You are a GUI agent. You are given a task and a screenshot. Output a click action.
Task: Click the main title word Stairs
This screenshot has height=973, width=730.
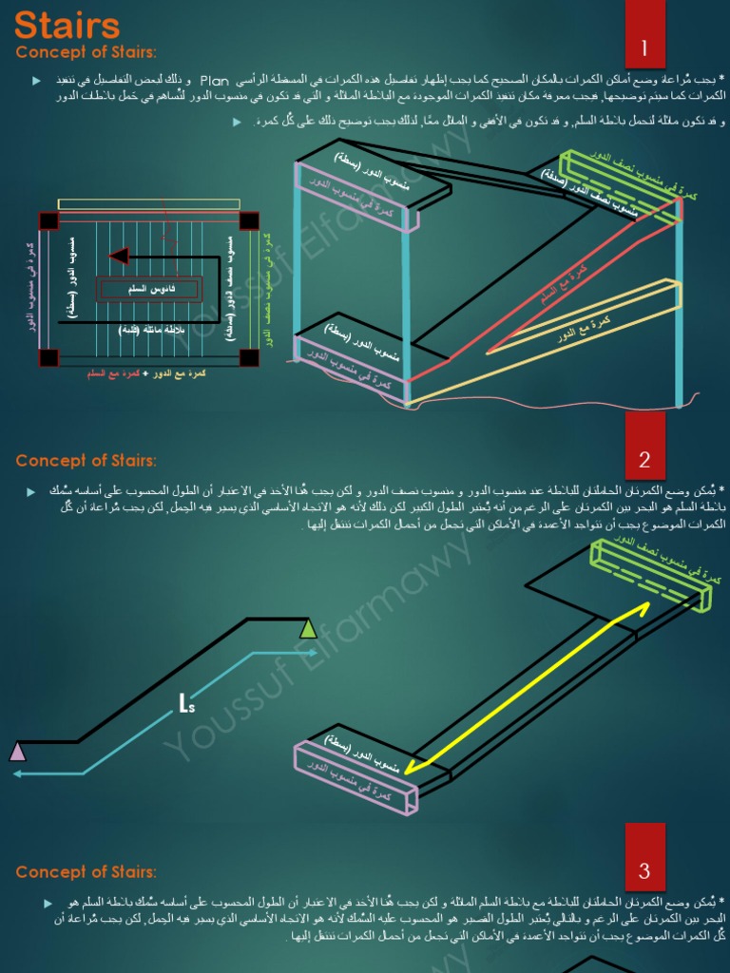pos(67,25)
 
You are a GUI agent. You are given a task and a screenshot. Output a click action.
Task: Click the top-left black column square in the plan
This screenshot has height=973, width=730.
pos(48,220)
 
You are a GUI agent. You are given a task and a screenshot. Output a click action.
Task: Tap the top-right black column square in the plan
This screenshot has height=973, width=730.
pos(249,220)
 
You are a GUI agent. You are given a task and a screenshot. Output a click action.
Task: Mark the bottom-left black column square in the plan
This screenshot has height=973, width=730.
pos(48,357)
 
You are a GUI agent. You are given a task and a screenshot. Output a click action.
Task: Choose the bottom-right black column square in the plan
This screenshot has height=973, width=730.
pos(249,357)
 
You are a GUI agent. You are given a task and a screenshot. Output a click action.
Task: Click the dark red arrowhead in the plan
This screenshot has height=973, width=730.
pos(118,256)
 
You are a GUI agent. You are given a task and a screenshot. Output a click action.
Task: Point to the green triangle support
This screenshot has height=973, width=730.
pos(308,628)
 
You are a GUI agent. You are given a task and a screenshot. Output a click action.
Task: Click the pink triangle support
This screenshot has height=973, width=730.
pos(17,752)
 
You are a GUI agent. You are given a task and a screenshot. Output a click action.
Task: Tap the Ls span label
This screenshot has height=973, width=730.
pos(186,703)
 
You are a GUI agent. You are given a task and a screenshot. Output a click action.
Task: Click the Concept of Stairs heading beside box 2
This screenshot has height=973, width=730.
pos(86,461)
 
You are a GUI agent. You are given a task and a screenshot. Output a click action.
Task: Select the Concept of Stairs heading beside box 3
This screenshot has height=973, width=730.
pos(86,872)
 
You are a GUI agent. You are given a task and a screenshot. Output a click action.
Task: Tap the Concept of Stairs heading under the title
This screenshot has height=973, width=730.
pos(86,52)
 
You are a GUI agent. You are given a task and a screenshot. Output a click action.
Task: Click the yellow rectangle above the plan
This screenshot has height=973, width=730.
pos(148,204)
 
